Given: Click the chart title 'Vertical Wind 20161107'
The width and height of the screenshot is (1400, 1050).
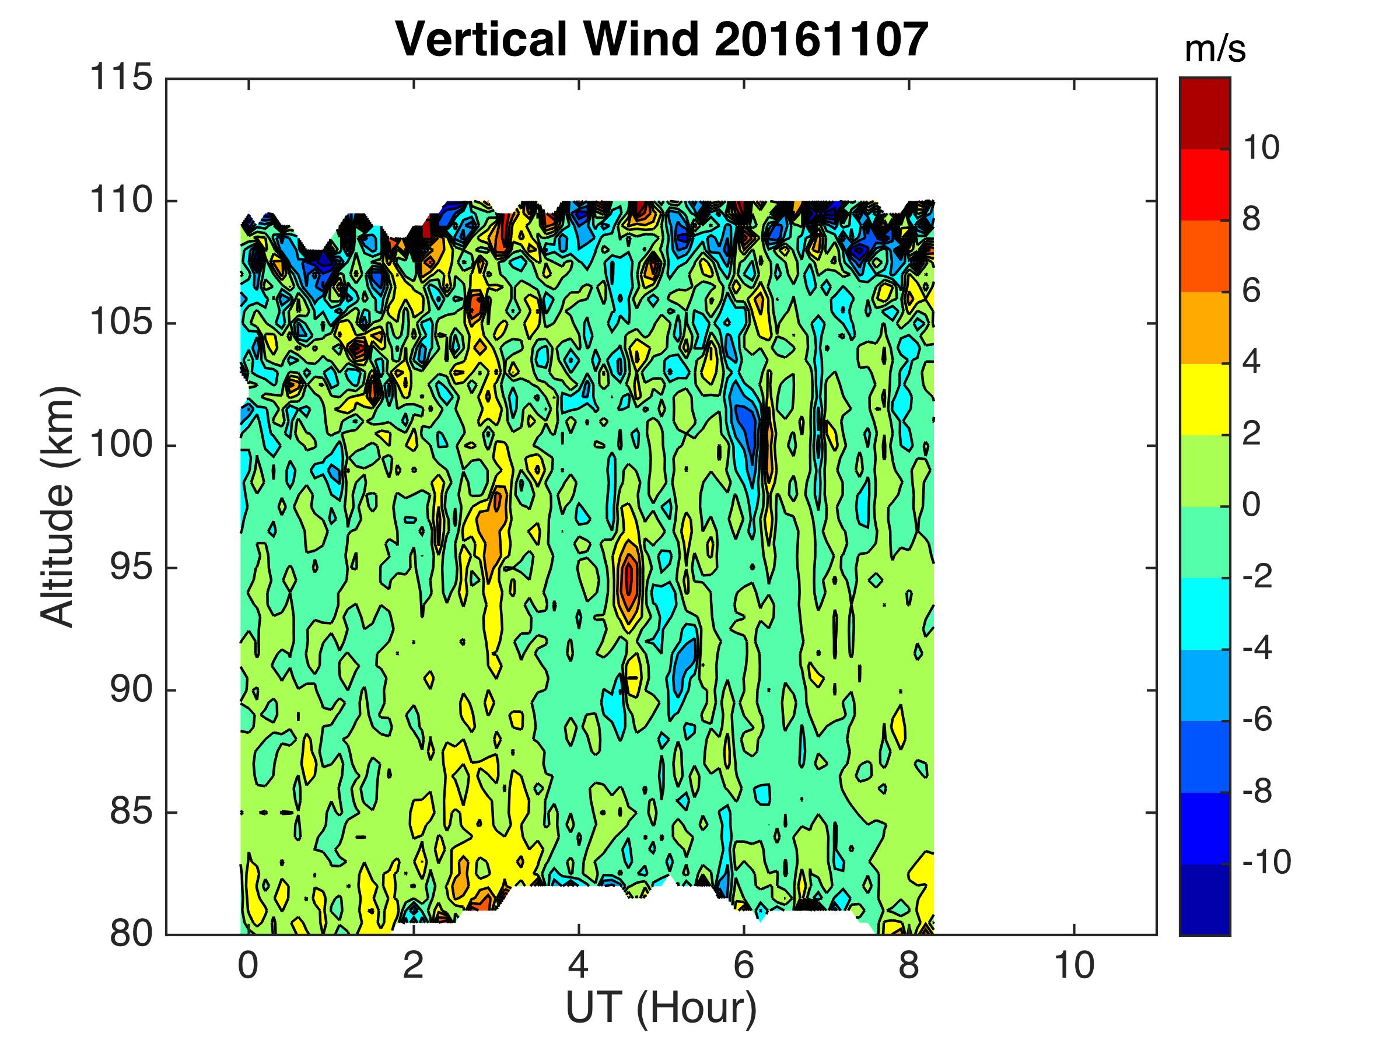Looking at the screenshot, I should (661, 39).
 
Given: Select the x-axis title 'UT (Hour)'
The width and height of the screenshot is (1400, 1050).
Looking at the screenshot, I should (661, 1007).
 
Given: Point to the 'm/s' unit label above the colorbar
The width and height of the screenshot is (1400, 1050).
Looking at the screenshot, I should (1214, 50).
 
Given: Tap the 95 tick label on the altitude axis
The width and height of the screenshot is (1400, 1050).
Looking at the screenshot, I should (131, 568).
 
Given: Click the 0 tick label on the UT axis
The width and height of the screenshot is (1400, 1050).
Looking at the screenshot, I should (248, 967).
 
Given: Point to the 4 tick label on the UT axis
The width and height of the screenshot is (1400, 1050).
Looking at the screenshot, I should (579, 967).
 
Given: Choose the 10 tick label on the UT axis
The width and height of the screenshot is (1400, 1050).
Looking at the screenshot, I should (1074, 967).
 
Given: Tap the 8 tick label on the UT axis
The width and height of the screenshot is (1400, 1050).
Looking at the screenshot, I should (909, 967).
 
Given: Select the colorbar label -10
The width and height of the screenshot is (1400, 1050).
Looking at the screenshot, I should (1266, 863).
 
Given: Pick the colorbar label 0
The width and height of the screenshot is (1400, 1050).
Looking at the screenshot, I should (1251, 506).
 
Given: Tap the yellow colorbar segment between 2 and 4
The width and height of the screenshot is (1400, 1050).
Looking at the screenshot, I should (1205, 400).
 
